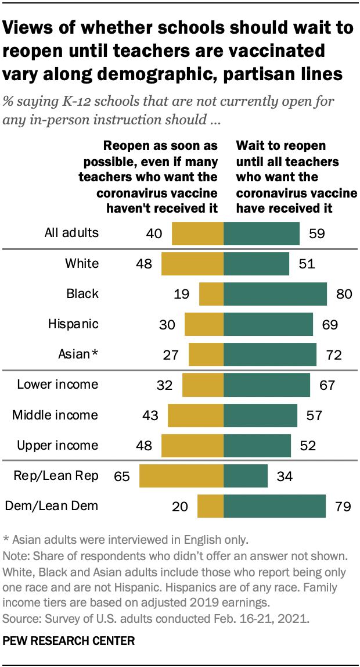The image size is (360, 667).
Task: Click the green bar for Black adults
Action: (275, 294)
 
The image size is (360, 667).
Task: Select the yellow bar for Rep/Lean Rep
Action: (181, 476)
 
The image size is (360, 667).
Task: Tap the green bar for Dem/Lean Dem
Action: (275, 506)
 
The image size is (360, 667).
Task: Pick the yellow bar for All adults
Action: (197, 234)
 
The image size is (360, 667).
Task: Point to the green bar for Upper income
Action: (257, 446)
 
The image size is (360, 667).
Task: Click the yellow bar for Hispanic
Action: (204, 324)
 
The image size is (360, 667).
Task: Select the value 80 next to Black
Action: (344, 294)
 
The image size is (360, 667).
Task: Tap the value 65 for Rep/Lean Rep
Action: (121, 476)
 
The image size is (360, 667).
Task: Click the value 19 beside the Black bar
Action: (181, 294)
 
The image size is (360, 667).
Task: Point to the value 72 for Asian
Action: (334, 354)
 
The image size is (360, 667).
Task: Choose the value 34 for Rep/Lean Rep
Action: (285, 476)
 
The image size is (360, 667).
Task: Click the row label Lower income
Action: (57, 385)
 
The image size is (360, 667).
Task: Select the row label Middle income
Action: (55, 415)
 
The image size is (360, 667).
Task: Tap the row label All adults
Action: (71, 234)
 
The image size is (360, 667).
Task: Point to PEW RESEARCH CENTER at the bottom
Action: (69, 642)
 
